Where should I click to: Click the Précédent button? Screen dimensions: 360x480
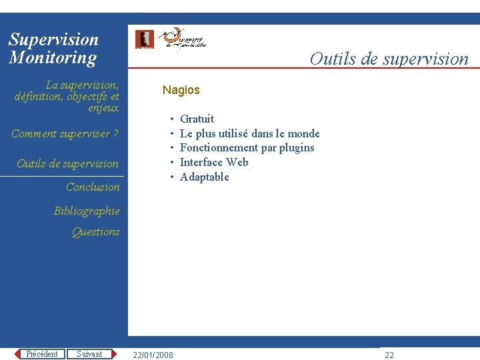[42, 354]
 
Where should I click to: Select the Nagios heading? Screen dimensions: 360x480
[181, 90]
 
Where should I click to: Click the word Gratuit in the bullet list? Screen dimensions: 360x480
[197, 119]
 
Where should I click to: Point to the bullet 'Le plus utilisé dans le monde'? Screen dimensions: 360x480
[249, 133]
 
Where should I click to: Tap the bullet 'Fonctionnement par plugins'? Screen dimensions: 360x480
[247, 147]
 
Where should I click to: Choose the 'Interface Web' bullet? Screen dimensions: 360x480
[214, 162]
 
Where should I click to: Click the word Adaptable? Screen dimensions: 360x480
[204, 177]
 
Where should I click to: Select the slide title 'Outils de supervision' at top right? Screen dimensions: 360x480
[389, 59]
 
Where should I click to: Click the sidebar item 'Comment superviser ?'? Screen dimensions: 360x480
[65, 134]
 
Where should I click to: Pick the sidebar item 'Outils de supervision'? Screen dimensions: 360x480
[67, 163]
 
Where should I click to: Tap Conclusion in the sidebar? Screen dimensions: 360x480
[93, 187]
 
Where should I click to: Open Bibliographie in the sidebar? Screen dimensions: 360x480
[87, 211]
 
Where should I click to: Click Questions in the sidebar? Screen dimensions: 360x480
[95, 232]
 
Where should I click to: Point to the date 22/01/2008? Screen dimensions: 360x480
[153, 355]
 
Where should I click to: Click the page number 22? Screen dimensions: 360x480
[389, 355]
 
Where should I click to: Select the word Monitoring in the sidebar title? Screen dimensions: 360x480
[53, 57]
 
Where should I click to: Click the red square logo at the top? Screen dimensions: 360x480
[144, 39]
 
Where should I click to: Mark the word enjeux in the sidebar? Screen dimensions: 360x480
[104, 107]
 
